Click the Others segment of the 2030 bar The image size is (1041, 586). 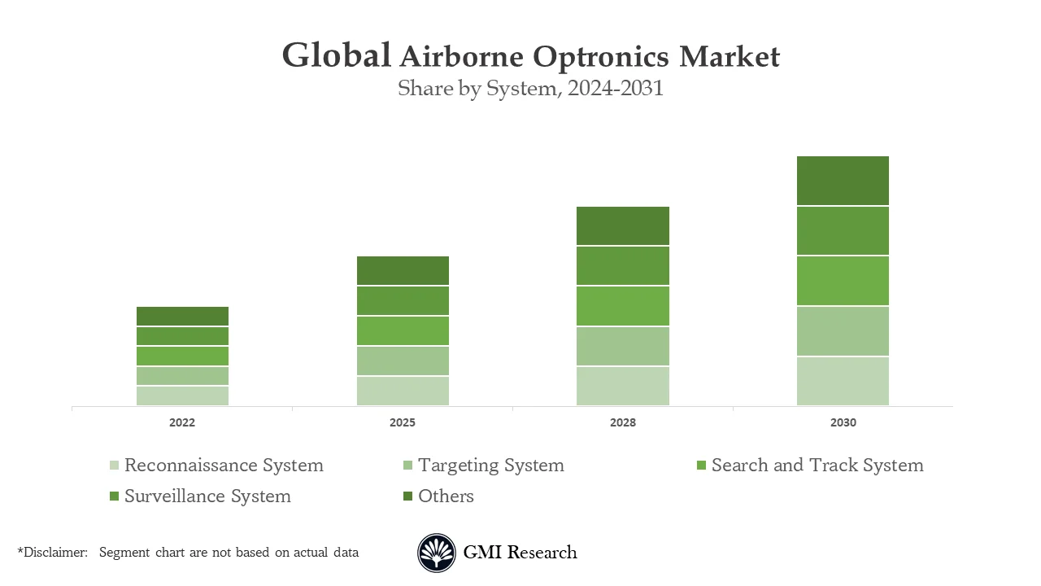click(843, 181)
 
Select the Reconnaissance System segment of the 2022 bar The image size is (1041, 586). click(182, 396)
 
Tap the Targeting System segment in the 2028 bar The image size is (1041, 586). click(623, 347)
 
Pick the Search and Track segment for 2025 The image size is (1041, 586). click(403, 330)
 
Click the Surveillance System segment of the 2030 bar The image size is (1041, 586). click(843, 231)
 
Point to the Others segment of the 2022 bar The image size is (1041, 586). click(182, 317)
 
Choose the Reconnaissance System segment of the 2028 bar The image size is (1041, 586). click(623, 386)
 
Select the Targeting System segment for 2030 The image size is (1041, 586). click(843, 331)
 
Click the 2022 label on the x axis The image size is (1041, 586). click(182, 423)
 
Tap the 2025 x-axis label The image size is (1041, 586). click(403, 423)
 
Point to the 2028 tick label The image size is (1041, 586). click(623, 423)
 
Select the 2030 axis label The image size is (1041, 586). click(843, 423)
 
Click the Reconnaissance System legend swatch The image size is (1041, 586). click(115, 466)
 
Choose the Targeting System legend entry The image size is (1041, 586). click(490, 466)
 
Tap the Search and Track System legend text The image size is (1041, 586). click(817, 466)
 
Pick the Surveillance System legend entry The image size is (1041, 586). click(207, 496)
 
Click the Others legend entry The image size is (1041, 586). click(446, 496)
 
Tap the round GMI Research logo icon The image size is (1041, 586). click(437, 553)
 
